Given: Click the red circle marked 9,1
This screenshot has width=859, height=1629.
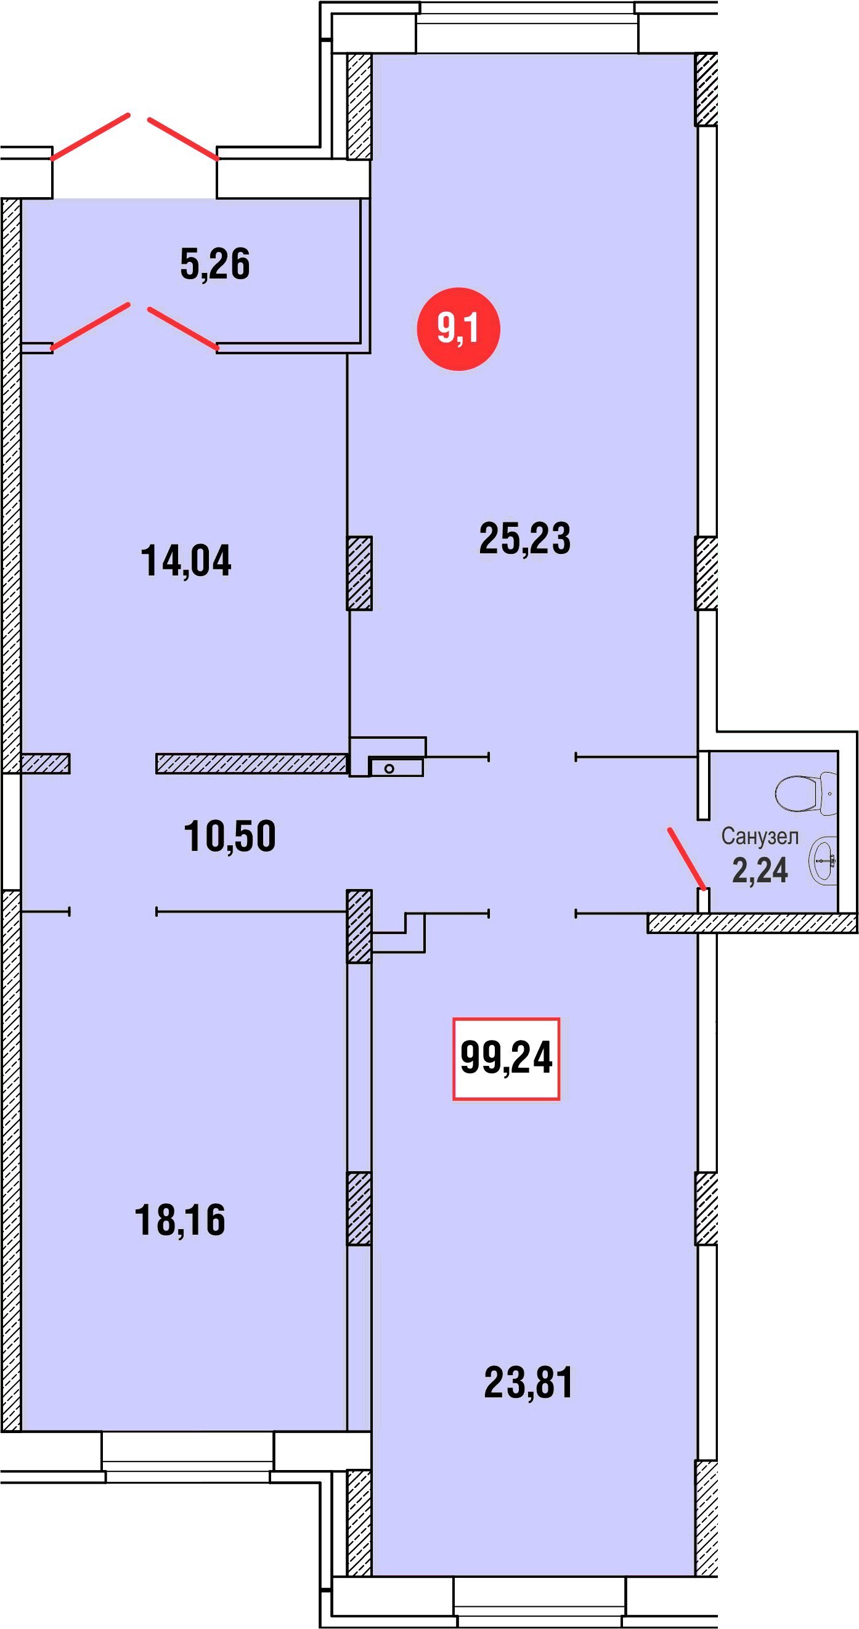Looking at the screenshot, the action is pyautogui.click(x=458, y=329).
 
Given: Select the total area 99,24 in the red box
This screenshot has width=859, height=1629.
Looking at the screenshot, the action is pyautogui.click(x=506, y=1058).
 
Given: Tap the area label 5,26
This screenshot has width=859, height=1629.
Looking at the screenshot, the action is pyautogui.click(x=215, y=264).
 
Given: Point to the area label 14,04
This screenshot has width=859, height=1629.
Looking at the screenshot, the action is pyautogui.click(x=186, y=561).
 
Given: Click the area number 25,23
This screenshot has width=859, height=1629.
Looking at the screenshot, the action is pyautogui.click(x=525, y=538).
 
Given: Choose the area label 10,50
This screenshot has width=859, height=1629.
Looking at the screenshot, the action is pyautogui.click(x=230, y=836).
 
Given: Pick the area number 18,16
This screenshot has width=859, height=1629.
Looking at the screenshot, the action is pyautogui.click(x=181, y=1220).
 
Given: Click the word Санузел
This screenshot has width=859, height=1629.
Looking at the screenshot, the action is pyautogui.click(x=760, y=836).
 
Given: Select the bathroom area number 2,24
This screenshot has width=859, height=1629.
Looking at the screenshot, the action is pyautogui.click(x=760, y=870).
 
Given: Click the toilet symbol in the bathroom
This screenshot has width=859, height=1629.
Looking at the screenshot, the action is pyautogui.click(x=806, y=794).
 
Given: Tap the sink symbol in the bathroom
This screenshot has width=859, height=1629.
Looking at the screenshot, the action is pyautogui.click(x=823, y=861).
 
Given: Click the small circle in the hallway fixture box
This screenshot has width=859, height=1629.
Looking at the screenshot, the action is pyautogui.click(x=389, y=768).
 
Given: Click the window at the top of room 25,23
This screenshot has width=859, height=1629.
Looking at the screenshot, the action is pyautogui.click(x=527, y=28).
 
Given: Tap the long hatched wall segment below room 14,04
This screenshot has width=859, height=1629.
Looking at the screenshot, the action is pyautogui.click(x=252, y=763).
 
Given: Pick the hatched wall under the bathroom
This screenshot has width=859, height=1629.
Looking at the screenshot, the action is pyautogui.click(x=752, y=924).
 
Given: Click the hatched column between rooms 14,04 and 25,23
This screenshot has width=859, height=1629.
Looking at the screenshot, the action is pyautogui.click(x=359, y=574).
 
